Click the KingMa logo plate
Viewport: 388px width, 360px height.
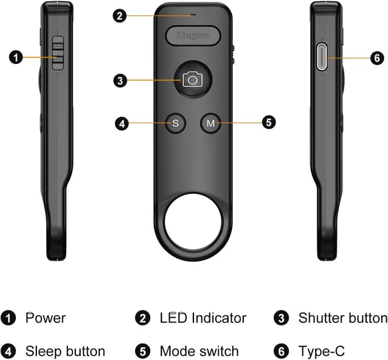click(x=193, y=36)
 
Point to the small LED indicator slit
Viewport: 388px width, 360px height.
click(x=193, y=15)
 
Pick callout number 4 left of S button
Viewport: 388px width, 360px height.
click(x=122, y=124)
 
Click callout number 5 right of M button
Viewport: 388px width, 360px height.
click(x=269, y=122)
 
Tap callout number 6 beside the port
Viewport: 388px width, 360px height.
click(x=376, y=58)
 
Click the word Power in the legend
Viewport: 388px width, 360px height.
click(x=45, y=318)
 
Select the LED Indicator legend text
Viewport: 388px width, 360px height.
click(x=202, y=318)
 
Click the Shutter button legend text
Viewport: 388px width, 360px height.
click(x=343, y=318)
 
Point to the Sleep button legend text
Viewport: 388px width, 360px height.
click(x=65, y=351)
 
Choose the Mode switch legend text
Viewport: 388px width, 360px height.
click(x=199, y=351)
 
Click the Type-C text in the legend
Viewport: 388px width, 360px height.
click(x=321, y=351)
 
